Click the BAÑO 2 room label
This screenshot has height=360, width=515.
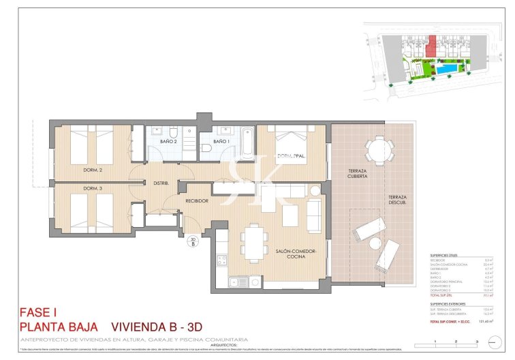click(168, 141)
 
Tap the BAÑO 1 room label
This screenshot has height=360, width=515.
click(220, 141)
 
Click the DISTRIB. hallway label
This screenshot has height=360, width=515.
click(161, 182)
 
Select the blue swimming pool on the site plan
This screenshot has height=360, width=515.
click(448, 70)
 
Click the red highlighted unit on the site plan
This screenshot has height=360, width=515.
click(431, 48)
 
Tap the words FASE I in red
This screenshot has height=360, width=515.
click(37, 313)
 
